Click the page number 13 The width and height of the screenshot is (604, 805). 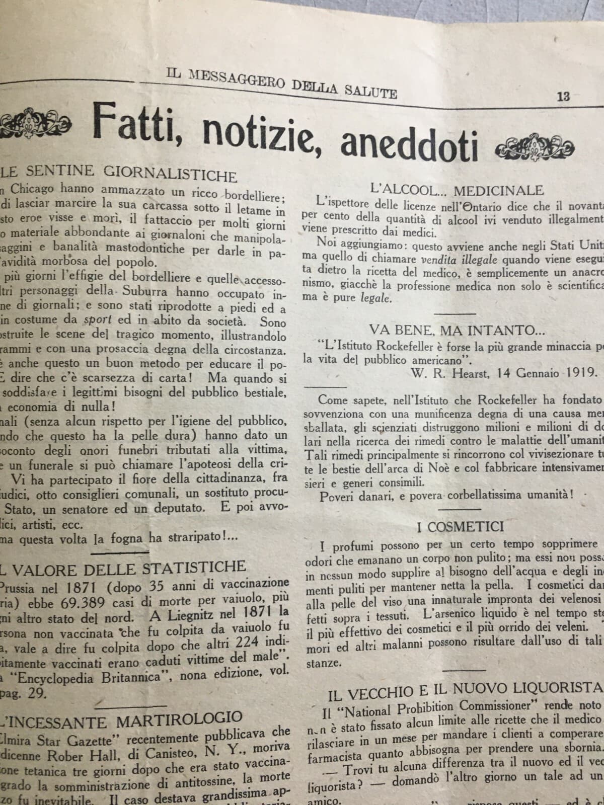563,97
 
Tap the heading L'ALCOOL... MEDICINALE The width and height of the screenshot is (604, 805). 457,190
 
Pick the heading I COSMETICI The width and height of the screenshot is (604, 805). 460,527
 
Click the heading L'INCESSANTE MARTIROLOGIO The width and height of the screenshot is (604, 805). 121,720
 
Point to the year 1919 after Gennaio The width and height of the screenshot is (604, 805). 578,373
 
